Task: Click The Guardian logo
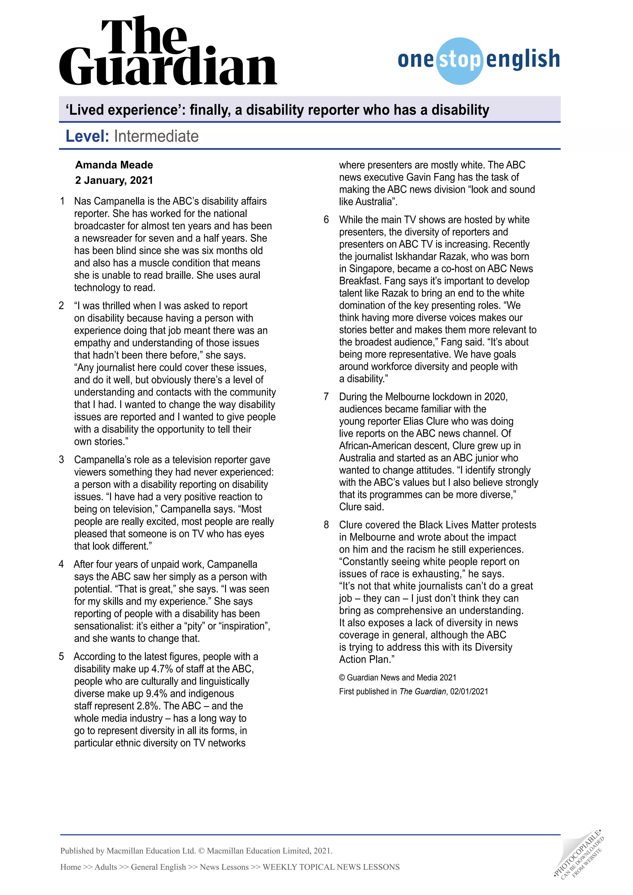tap(168, 53)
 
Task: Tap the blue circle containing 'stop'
tap(460, 61)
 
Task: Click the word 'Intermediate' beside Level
tap(156, 136)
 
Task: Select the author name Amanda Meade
tap(114, 165)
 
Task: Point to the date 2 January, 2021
tap(114, 180)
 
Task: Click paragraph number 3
tap(62, 460)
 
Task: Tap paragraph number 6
tap(326, 219)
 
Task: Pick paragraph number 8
tap(326, 525)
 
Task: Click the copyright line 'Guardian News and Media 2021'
tap(401, 678)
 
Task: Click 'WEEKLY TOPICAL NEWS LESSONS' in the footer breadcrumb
tap(331, 867)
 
